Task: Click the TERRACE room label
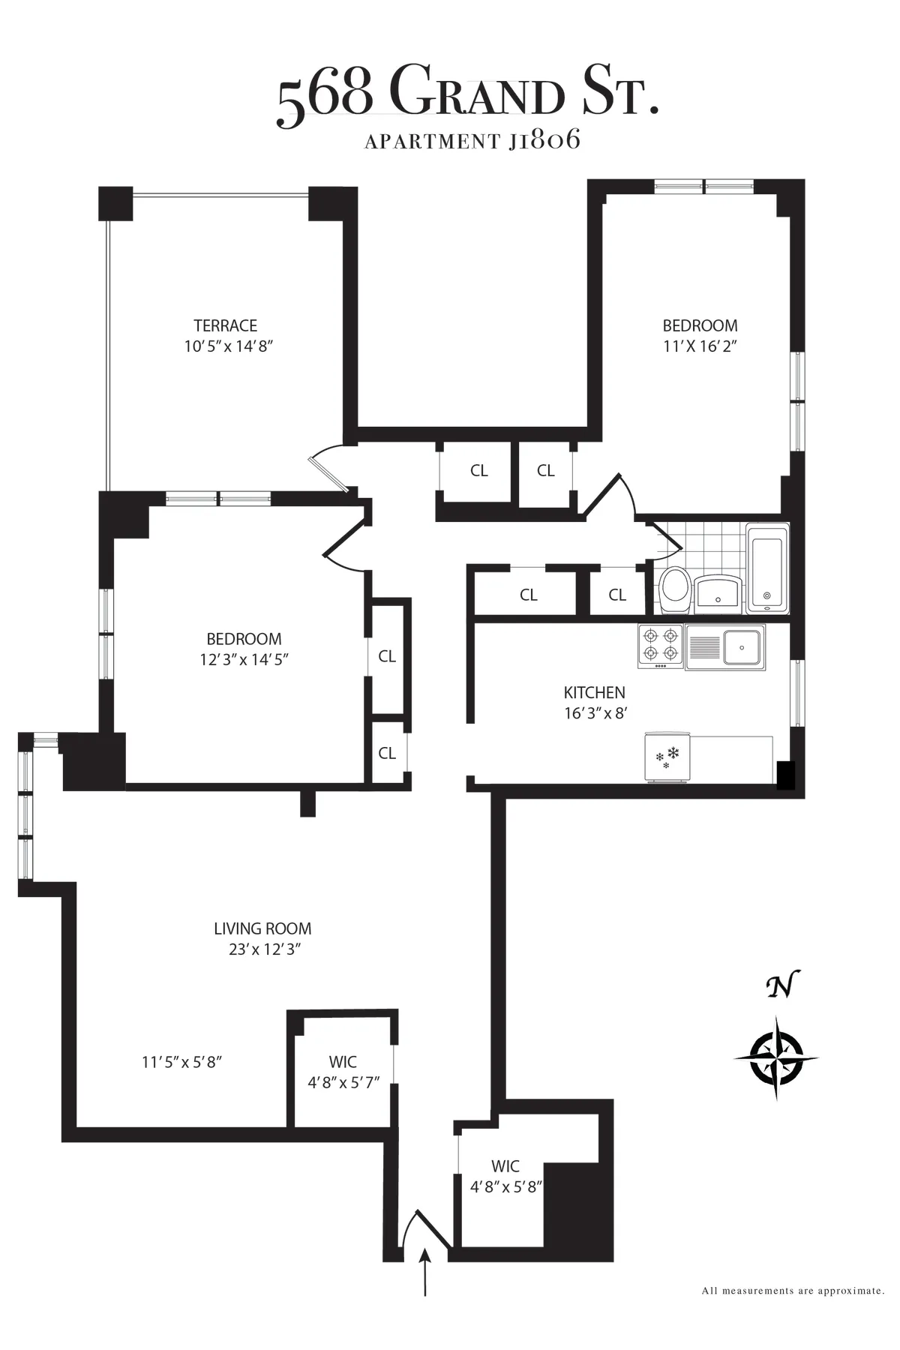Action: [x=225, y=325]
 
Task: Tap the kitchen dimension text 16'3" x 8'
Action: [x=595, y=713]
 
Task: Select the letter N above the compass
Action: [x=781, y=987]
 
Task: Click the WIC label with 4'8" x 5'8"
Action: [x=505, y=1177]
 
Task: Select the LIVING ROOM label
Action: [x=262, y=928]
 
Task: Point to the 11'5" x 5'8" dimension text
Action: [x=182, y=1062]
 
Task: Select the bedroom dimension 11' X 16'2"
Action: [x=700, y=346]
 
